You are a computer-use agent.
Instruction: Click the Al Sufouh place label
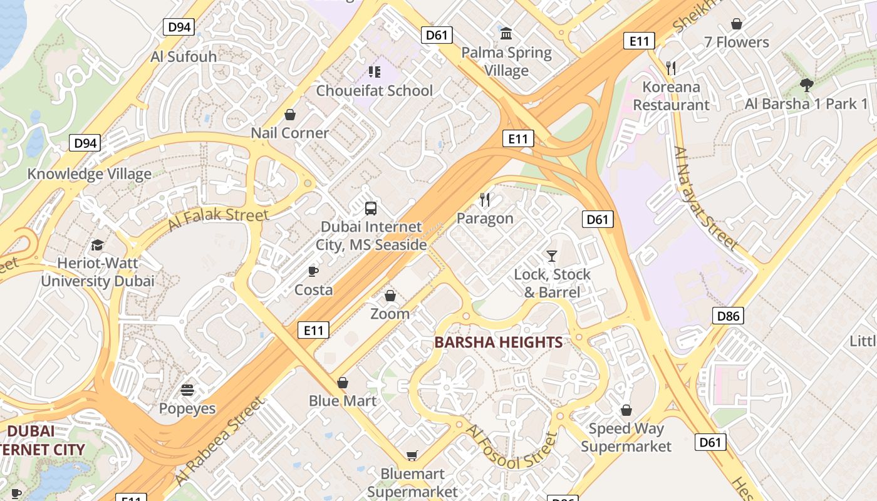tap(184, 56)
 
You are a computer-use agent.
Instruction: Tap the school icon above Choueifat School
tap(375, 72)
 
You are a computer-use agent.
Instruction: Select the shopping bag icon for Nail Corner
tap(290, 115)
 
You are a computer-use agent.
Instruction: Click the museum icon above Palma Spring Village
tap(506, 33)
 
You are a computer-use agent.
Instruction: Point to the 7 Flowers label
tap(736, 43)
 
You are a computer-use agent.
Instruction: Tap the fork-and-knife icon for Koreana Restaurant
tap(671, 68)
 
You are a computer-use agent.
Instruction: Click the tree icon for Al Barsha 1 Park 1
tap(806, 85)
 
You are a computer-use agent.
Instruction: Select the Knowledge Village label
tap(89, 174)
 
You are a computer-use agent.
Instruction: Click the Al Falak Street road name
tap(218, 220)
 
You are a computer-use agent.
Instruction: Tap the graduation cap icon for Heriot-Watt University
tap(97, 244)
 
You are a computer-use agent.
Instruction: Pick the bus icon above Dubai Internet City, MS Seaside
tap(371, 208)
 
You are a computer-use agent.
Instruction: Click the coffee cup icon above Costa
tap(313, 271)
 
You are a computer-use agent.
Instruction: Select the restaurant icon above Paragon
tap(485, 200)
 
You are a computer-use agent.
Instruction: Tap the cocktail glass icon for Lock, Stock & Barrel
tap(552, 256)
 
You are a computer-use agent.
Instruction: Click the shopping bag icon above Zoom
tap(390, 296)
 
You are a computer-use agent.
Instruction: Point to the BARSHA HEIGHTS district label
tap(498, 343)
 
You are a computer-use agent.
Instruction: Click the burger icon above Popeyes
tap(187, 390)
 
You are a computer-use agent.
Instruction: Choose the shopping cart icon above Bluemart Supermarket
tap(412, 455)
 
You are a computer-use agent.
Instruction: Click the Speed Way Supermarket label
tap(626, 437)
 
